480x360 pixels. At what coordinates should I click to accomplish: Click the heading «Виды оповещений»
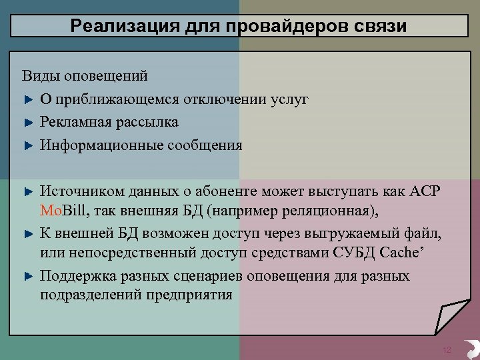85,77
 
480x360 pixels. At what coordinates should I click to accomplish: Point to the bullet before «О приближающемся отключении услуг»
28,100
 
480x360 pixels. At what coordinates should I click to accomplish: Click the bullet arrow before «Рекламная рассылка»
28,123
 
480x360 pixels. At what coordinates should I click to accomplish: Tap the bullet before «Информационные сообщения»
28,145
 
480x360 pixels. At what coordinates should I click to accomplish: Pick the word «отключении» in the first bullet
227,100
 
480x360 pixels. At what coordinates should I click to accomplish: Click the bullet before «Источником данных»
28,191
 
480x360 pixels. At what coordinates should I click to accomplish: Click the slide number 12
447,350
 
